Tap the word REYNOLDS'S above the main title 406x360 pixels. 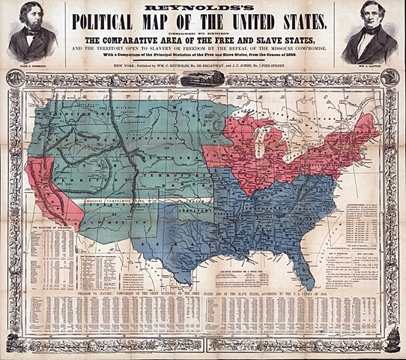[202, 4]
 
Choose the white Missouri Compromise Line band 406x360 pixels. [142, 200]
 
